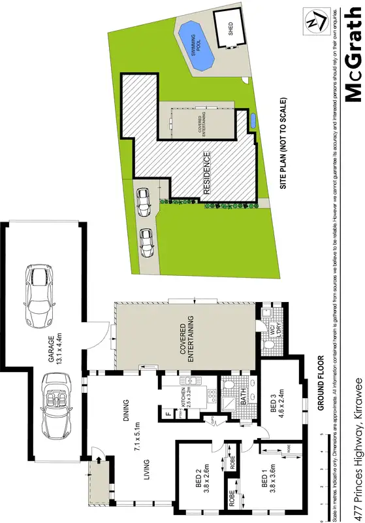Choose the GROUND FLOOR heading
click(320, 382)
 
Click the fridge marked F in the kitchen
click(168, 414)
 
